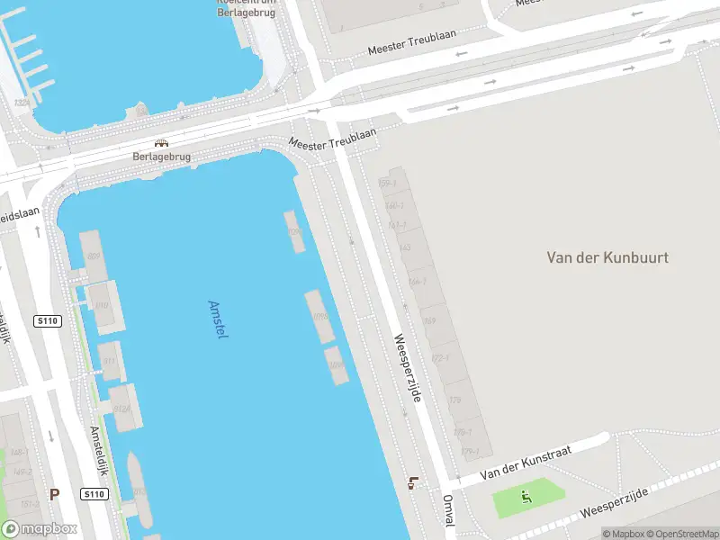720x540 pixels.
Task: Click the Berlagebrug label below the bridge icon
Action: [162, 156]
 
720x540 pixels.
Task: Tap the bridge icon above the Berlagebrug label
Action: [162, 143]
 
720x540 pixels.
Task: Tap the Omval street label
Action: [447, 511]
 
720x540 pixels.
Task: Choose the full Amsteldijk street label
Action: [97, 452]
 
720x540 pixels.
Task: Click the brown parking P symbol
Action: [55, 493]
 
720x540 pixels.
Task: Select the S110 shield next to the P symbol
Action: [94, 493]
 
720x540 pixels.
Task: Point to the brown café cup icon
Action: [413, 482]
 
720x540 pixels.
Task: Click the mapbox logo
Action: [40, 529]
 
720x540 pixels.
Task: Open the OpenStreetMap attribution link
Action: [680, 534]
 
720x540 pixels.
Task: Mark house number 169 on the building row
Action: [430, 321]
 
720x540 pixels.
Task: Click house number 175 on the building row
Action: [454, 400]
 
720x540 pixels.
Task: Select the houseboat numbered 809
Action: [94, 256]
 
